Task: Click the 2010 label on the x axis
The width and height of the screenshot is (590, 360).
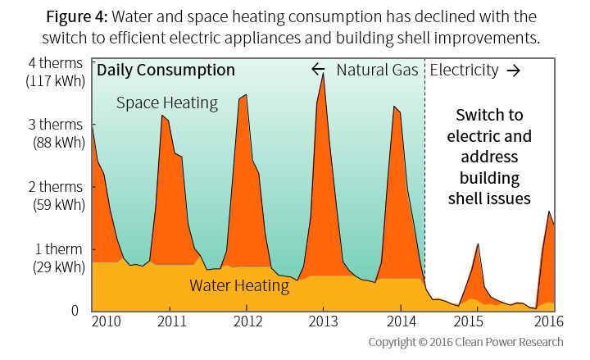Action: tap(104, 321)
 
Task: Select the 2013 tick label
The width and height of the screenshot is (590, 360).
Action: tap(323, 321)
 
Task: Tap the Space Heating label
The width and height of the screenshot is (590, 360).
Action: tap(166, 103)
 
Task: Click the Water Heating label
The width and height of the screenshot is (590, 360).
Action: tap(239, 286)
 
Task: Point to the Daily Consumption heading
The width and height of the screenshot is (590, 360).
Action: tap(166, 71)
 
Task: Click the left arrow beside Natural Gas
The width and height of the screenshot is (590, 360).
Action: tap(319, 70)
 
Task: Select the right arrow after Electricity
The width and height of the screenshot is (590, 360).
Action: tap(513, 71)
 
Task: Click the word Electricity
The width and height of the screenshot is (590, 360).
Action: tap(464, 71)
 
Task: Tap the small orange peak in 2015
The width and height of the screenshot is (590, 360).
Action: tap(478, 244)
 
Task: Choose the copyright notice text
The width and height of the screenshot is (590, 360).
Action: tap(465, 342)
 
